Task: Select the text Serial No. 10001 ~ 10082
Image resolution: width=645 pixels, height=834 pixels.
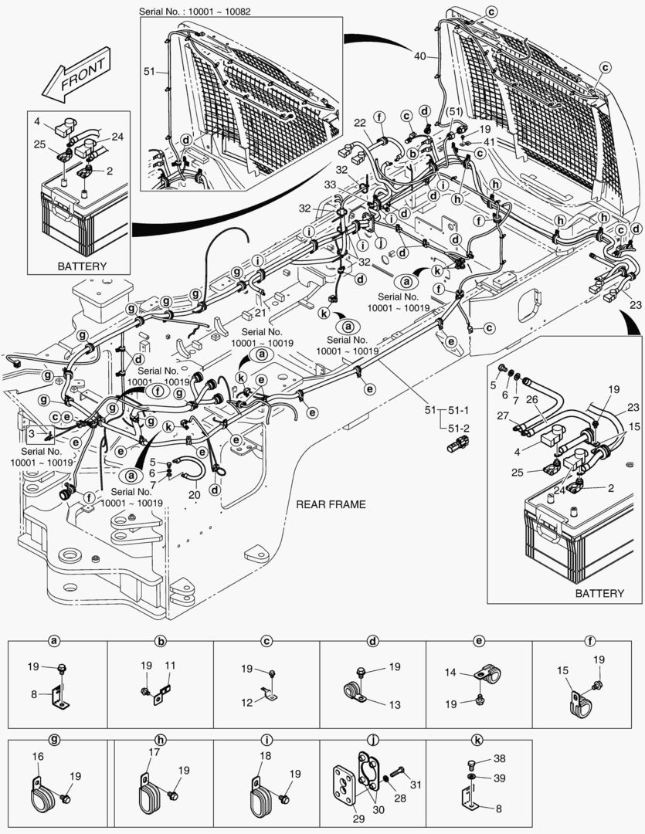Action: coord(195,12)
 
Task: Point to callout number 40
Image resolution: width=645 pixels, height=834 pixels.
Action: coord(419,56)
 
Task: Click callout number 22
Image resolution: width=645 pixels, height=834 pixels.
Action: coord(360,124)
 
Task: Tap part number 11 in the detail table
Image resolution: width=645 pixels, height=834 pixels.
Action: coord(170,665)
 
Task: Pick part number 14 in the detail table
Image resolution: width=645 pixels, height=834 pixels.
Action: coord(450,673)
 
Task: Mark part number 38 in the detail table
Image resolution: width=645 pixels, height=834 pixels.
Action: coord(500,759)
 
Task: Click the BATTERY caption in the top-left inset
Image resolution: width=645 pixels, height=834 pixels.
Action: coord(82,266)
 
